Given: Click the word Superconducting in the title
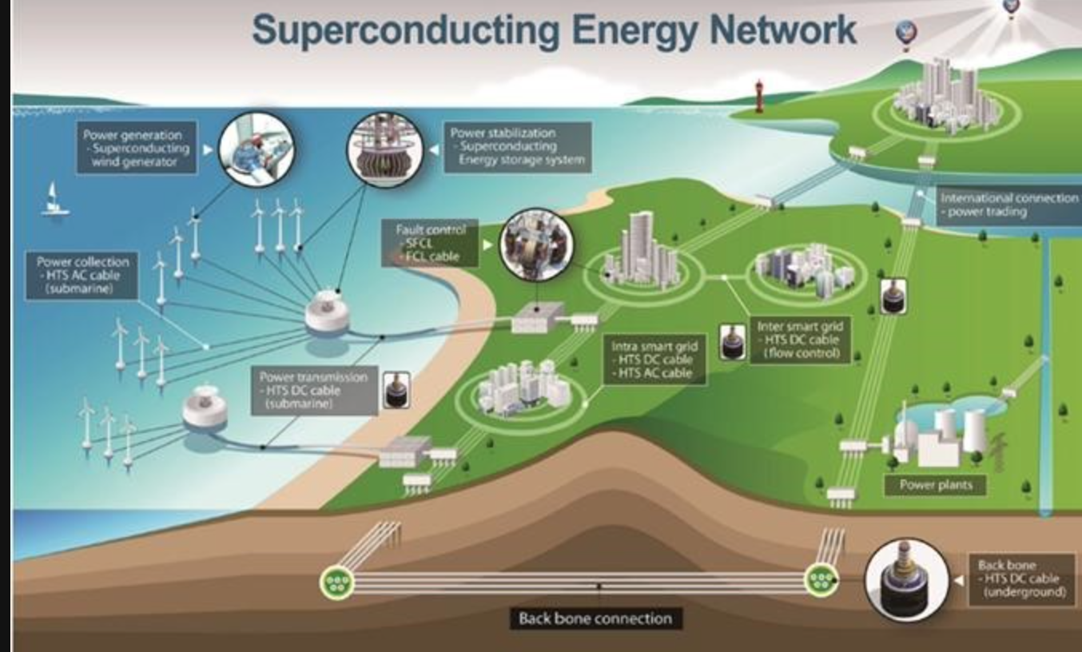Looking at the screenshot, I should (x=406, y=31).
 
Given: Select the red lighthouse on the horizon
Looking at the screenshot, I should (x=758, y=95).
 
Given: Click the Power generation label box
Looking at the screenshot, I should (x=137, y=149).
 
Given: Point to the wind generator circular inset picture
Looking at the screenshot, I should (x=257, y=149).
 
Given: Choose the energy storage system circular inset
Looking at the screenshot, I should (x=384, y=149).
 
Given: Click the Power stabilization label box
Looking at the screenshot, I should (x=518, y=146).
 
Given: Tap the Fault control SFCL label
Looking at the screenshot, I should (x=430, y=243).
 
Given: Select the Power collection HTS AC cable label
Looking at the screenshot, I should (x=82, y=276).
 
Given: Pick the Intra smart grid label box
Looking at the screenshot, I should (x=654, y=360).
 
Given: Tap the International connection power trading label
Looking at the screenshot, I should (x=1008, y=205).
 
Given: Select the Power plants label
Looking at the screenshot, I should (x=934, y=484).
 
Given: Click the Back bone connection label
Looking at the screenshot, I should (x=595, y=618).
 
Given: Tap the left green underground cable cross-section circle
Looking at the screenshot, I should (x=336, y=582).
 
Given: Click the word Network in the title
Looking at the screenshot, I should (x=782, y=31).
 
